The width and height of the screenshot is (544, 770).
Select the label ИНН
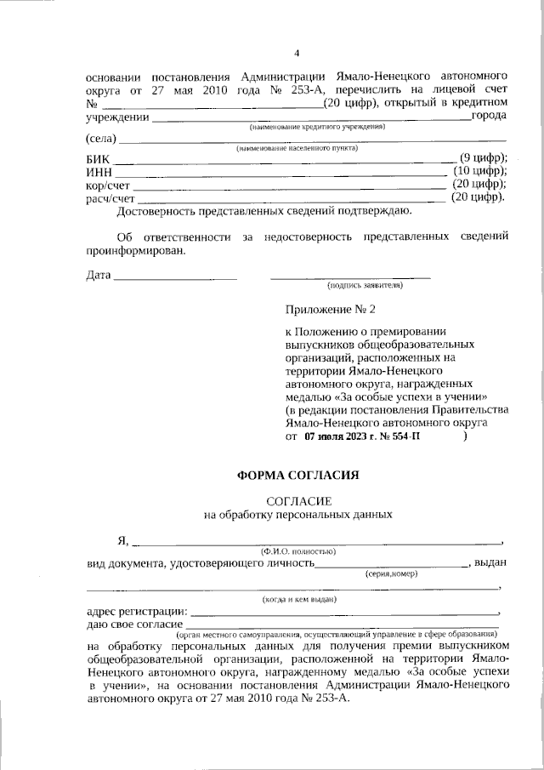coord(99,173)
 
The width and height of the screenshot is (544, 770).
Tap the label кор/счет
coord(109,185)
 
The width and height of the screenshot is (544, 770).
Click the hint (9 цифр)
coord(483,158)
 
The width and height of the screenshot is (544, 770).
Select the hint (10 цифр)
coord(480,171)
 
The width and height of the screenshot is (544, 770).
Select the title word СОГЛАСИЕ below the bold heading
coord(297,502)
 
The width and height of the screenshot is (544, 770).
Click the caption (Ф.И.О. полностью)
coord(297,551)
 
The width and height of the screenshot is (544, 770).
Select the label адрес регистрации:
coord(136,611)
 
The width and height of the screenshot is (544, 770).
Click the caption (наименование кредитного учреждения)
coord(316,126)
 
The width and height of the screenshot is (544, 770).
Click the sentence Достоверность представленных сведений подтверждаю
coord(264,210)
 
